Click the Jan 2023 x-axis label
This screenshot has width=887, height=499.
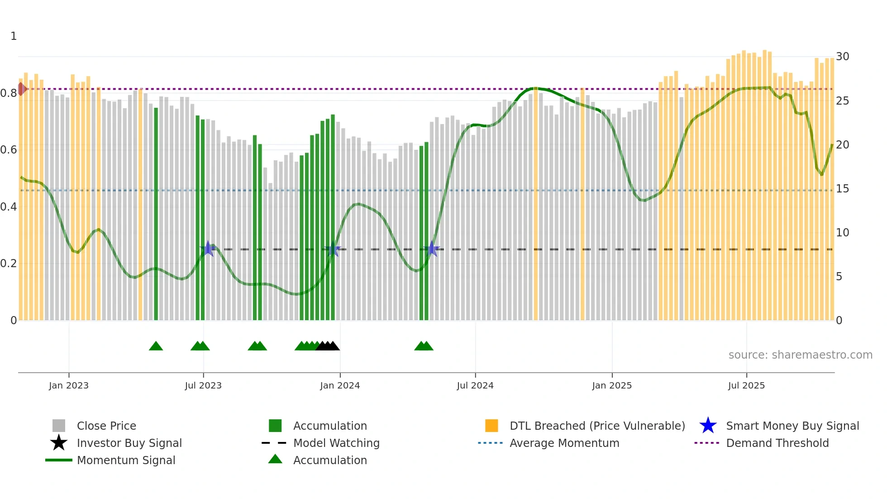pyautogui.click(x=69, y=385)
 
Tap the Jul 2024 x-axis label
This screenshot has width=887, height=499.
pyautogui.click(x=475, y=385)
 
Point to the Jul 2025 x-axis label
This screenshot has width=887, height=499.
pyautogui.click(x=746, y=385)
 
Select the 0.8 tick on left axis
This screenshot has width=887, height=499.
pyautogui.click(x=9, y=93)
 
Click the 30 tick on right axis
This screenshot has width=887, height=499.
pyautogui.click(x=842, y=57)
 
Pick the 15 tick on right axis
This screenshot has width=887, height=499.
pyautogui.click(x=842, y=189)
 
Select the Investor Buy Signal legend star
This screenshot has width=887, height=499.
pyautogui.click(x=59, y=443)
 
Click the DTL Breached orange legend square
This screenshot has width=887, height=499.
pyautogui.click(x=491, y=426)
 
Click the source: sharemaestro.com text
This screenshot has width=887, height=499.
pyautogui.click(x=800, y=355)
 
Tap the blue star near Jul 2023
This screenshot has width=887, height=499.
pyautogui.click(x=208, y=249)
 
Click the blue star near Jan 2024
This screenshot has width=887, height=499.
pyautogui.click(x=334, y=249)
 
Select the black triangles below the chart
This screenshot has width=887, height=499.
pyautogui.click(x=328, y=346)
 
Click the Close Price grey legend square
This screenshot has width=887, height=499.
pyautogui.click(x=59, y=426)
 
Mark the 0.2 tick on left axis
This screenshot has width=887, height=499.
pyautogui.click(x=9, y=264)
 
